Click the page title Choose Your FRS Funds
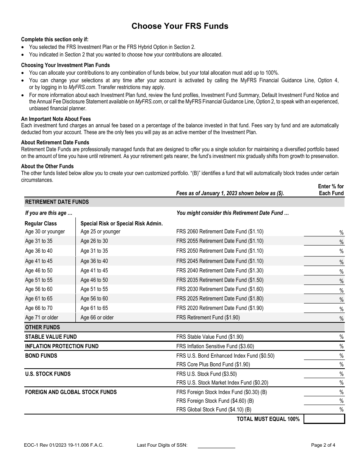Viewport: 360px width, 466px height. point(180,26)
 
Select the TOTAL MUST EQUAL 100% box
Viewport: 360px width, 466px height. point(324,419)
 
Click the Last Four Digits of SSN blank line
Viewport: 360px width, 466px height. point(216,445)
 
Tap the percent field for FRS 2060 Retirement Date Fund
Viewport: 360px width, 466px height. point(322,232)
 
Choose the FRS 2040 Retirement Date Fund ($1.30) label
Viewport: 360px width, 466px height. point(220,271)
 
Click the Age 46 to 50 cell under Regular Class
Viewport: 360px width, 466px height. point(39,271)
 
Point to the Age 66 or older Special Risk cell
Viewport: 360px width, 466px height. point(97,317)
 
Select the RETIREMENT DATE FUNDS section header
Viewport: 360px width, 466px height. point(57,202)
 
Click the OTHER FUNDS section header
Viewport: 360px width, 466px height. point(42,327)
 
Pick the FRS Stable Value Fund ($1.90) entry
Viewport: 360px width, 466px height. point(210,337)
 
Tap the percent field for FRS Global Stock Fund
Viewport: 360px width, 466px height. point(322,409)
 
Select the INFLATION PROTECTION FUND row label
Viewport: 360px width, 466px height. point(62,346)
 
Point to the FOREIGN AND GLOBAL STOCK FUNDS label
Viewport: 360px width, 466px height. point(71,392)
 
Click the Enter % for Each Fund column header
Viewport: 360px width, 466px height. point(331,190)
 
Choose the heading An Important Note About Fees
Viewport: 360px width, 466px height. point(56,119)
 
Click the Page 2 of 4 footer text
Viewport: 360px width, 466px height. point(323,445)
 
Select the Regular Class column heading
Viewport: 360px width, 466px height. point(41,224)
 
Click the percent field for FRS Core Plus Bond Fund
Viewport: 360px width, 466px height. point(322,364)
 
